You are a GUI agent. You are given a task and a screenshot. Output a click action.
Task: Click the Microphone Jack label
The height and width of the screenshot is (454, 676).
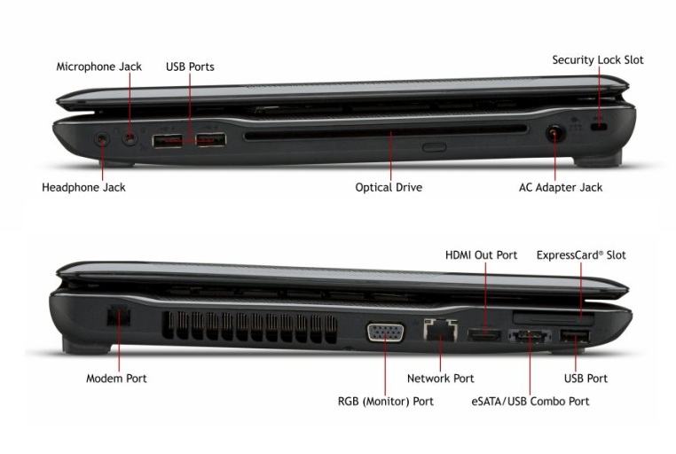coord(98,67)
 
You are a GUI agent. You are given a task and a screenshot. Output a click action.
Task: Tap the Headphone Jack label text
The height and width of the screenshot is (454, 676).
coord(83,187)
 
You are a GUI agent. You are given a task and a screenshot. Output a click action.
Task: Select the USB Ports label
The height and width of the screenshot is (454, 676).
coord(190,67)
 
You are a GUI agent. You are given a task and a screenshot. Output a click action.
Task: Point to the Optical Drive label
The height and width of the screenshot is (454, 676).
coord(389,187)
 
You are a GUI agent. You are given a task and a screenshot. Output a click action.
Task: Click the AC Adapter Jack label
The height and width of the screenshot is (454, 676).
coord(561,187)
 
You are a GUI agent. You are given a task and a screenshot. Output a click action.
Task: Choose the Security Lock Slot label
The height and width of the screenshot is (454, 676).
coord(598,60)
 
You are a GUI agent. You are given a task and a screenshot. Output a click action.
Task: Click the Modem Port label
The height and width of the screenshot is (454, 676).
coord(116,378)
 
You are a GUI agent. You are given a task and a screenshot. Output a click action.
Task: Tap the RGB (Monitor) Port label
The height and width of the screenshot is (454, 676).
coord(386,401)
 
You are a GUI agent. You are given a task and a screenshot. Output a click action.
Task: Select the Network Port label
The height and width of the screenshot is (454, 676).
coord(440,378)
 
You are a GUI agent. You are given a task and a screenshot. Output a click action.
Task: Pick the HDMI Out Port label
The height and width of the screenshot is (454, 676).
coord(481,255)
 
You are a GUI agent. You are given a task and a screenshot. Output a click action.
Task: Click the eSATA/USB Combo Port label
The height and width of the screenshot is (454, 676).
coord(531,401)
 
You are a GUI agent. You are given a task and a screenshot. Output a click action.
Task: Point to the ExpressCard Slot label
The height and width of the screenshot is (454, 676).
coord(581,255)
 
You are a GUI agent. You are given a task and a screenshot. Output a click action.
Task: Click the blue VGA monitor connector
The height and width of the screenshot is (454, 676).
coord(386,332)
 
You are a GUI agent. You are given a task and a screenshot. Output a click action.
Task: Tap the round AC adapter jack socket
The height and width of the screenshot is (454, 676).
coord(555,135)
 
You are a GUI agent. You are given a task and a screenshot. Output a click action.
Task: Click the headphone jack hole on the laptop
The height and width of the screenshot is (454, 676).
coord(102,138)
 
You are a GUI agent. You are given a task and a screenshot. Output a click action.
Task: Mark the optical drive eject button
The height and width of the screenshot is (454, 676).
coord(434,145)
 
